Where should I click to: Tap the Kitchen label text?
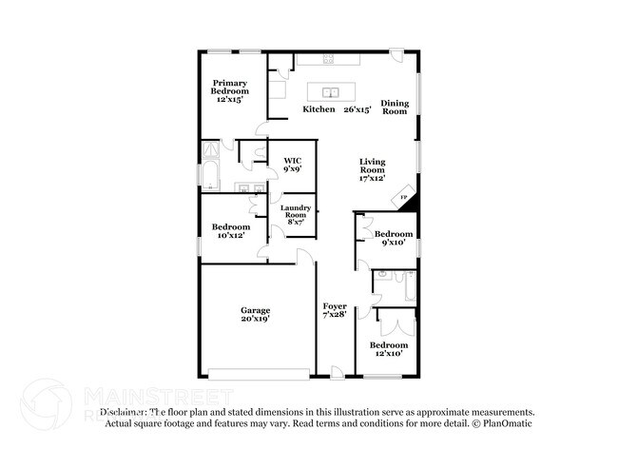(319, 109)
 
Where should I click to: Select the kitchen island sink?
(332, 93)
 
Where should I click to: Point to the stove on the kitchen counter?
(329, 59)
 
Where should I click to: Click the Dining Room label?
(395, 107)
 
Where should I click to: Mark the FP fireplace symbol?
(403, 197)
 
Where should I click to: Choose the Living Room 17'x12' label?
(372, 169)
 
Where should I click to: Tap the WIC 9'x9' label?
(293, 165)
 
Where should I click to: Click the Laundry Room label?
(293, 214)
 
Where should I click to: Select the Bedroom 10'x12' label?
(231, 230)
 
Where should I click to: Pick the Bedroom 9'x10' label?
(393, 238)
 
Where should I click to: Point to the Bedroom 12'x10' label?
(389, 348)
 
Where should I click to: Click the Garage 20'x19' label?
(255, 315)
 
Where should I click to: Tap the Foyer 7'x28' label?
(335, 310)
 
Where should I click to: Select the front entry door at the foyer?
(337, 372)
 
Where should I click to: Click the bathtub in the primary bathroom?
(209, 175)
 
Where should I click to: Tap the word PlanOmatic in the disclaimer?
(504, 423)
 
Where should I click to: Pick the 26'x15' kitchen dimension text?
(357, 109)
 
